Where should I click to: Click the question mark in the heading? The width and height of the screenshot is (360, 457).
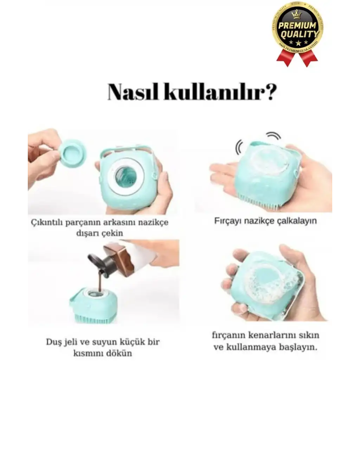click(268, 92)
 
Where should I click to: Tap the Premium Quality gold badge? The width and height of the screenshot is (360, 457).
click(297, 28)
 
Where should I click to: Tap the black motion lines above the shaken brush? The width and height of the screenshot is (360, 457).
click(258, 141)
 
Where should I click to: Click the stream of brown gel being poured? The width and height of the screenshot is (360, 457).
click(100, 283)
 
